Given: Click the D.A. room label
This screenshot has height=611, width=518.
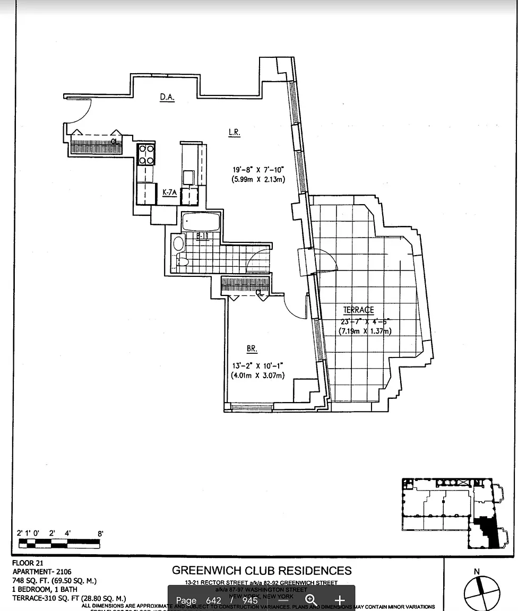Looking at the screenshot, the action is click(167, 97).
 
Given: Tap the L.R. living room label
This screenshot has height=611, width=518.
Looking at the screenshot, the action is click(234, 133).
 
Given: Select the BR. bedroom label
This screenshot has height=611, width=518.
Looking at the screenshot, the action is click(252, 349).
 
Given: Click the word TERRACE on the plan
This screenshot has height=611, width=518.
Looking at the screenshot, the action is click(358, 310).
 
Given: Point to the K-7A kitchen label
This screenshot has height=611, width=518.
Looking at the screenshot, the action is click(169, 194).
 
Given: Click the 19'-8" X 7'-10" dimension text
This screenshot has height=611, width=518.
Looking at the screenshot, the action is click(258, 170).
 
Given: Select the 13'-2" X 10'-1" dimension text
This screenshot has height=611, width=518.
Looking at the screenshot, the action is click(257, 365).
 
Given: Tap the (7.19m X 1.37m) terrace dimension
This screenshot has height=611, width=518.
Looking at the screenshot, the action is click(365, 331).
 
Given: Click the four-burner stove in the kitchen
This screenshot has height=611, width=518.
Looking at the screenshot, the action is click(146, 154).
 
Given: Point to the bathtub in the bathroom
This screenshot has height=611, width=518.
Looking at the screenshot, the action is click(200, 222).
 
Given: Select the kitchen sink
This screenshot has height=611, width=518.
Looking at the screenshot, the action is click(188, 176).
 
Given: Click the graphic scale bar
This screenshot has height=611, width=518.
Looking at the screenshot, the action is click(59, 543).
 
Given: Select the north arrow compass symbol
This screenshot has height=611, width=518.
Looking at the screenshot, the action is click(481, 591).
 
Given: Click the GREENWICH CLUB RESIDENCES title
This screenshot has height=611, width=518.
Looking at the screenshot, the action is click(262, 571).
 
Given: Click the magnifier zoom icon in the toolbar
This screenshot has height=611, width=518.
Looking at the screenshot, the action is click(312, 600).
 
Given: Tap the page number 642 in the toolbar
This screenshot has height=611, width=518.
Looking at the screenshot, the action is click(213, 600).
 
